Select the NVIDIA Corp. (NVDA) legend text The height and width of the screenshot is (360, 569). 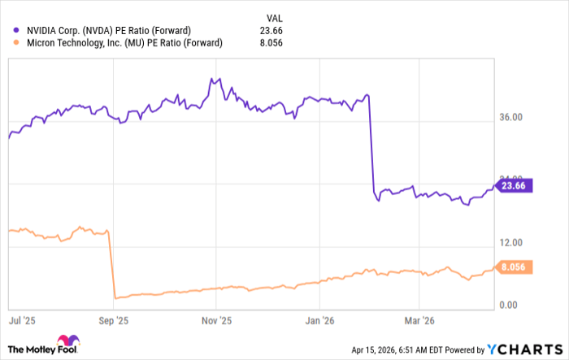[109, 31]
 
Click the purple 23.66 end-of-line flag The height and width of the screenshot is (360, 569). [515, 185]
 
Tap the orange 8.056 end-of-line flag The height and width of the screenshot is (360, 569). [515, 266]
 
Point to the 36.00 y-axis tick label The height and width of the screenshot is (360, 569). [510, 118]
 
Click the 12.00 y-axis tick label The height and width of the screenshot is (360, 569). [510, 243]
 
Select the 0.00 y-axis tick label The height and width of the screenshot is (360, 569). [509, 306]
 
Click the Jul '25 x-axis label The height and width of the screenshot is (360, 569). [21, 320]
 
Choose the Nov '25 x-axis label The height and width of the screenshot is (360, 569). [217, 320]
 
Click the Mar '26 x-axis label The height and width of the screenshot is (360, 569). [418, 320]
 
